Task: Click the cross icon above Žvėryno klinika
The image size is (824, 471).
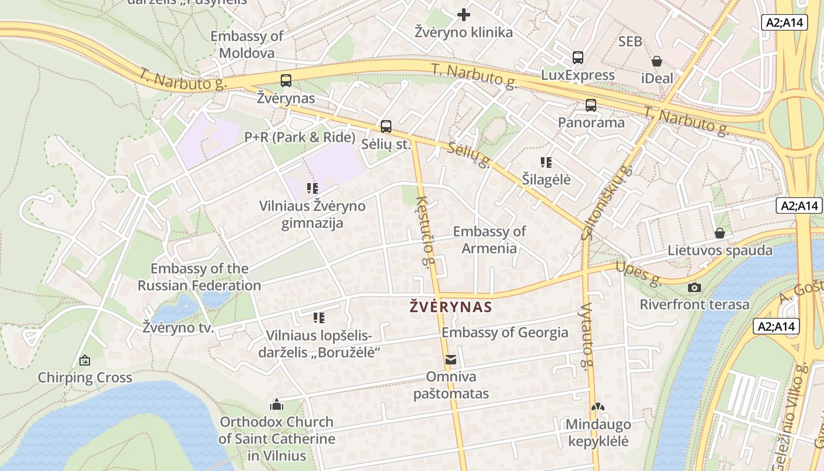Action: [464, 14]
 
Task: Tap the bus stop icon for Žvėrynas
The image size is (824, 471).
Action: [286, 81]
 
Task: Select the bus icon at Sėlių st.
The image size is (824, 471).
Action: [386, 126]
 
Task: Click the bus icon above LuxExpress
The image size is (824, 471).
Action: [578, 58]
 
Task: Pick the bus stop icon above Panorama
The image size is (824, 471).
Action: [591, 105]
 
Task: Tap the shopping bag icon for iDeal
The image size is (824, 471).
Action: [657, 61]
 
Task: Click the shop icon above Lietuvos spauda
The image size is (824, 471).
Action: [719, 233]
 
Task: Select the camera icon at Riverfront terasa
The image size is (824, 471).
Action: [695, 287]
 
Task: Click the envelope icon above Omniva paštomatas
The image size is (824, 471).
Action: [451, 359]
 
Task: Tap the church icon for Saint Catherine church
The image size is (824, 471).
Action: [276, 404]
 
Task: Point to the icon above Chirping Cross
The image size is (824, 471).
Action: [85, 360]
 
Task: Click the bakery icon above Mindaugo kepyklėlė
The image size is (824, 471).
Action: [597, 407]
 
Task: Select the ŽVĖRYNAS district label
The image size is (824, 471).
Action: [450, 307]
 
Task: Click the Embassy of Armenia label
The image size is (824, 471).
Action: [489, 240]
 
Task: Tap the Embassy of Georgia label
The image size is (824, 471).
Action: [505, 333]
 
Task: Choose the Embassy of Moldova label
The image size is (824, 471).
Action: [247, 44]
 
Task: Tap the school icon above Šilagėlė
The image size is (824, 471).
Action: [546, 162]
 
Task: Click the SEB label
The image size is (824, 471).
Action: [630, 42]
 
